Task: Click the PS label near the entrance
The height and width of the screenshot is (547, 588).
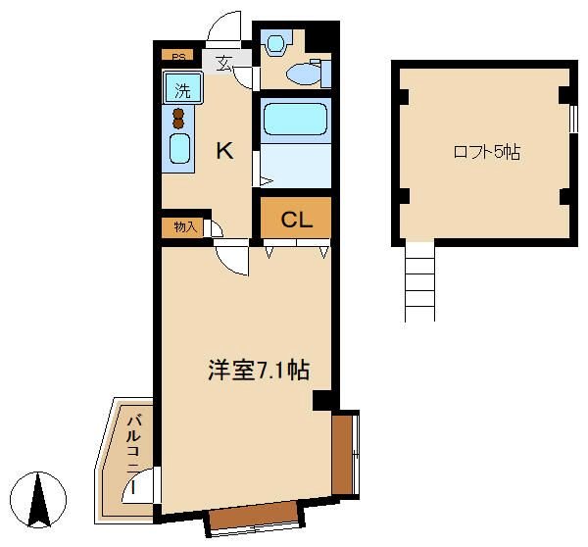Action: click(178, 57)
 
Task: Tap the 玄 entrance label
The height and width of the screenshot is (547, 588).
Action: click(224, 63)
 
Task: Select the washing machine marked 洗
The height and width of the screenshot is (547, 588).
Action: click(183, 88)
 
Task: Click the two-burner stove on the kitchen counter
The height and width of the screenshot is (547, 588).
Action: click(178, 119)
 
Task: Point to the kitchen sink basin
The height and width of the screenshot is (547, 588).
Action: click(179, 149)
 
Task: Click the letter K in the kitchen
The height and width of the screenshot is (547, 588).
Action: click(224, 151)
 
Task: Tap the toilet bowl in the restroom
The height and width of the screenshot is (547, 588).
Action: click(304, 75)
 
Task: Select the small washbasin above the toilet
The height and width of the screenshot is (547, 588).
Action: click(275, 44)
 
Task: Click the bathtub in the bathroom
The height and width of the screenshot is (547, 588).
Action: click(295, 120)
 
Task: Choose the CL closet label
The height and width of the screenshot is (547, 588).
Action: click(297, 220)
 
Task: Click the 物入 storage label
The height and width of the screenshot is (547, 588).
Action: click(185, 227)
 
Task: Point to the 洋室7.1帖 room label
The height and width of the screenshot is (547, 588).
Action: click(259, 370)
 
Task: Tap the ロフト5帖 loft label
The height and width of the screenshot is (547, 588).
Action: click(487, 152)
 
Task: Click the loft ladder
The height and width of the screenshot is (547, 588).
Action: click(419, 281)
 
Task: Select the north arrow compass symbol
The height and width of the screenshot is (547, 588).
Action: click(38, 500)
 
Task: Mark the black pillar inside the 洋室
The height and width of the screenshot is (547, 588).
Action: click(321, 400)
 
